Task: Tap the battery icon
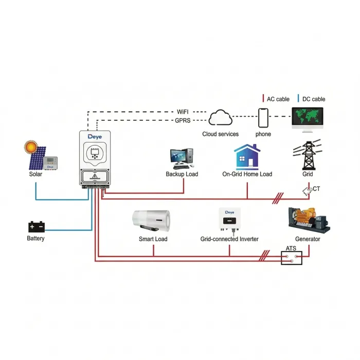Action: (36, 226)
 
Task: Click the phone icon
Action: (263, 118)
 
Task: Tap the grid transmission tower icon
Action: (308, 154)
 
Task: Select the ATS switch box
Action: (291, 258)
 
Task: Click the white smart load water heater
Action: (153, 221)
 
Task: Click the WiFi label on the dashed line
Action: (183, 111)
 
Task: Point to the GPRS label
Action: (183, 120)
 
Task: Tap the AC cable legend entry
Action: (277, 99)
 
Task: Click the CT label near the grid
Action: (316, 189)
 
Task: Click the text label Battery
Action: (36, 238)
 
